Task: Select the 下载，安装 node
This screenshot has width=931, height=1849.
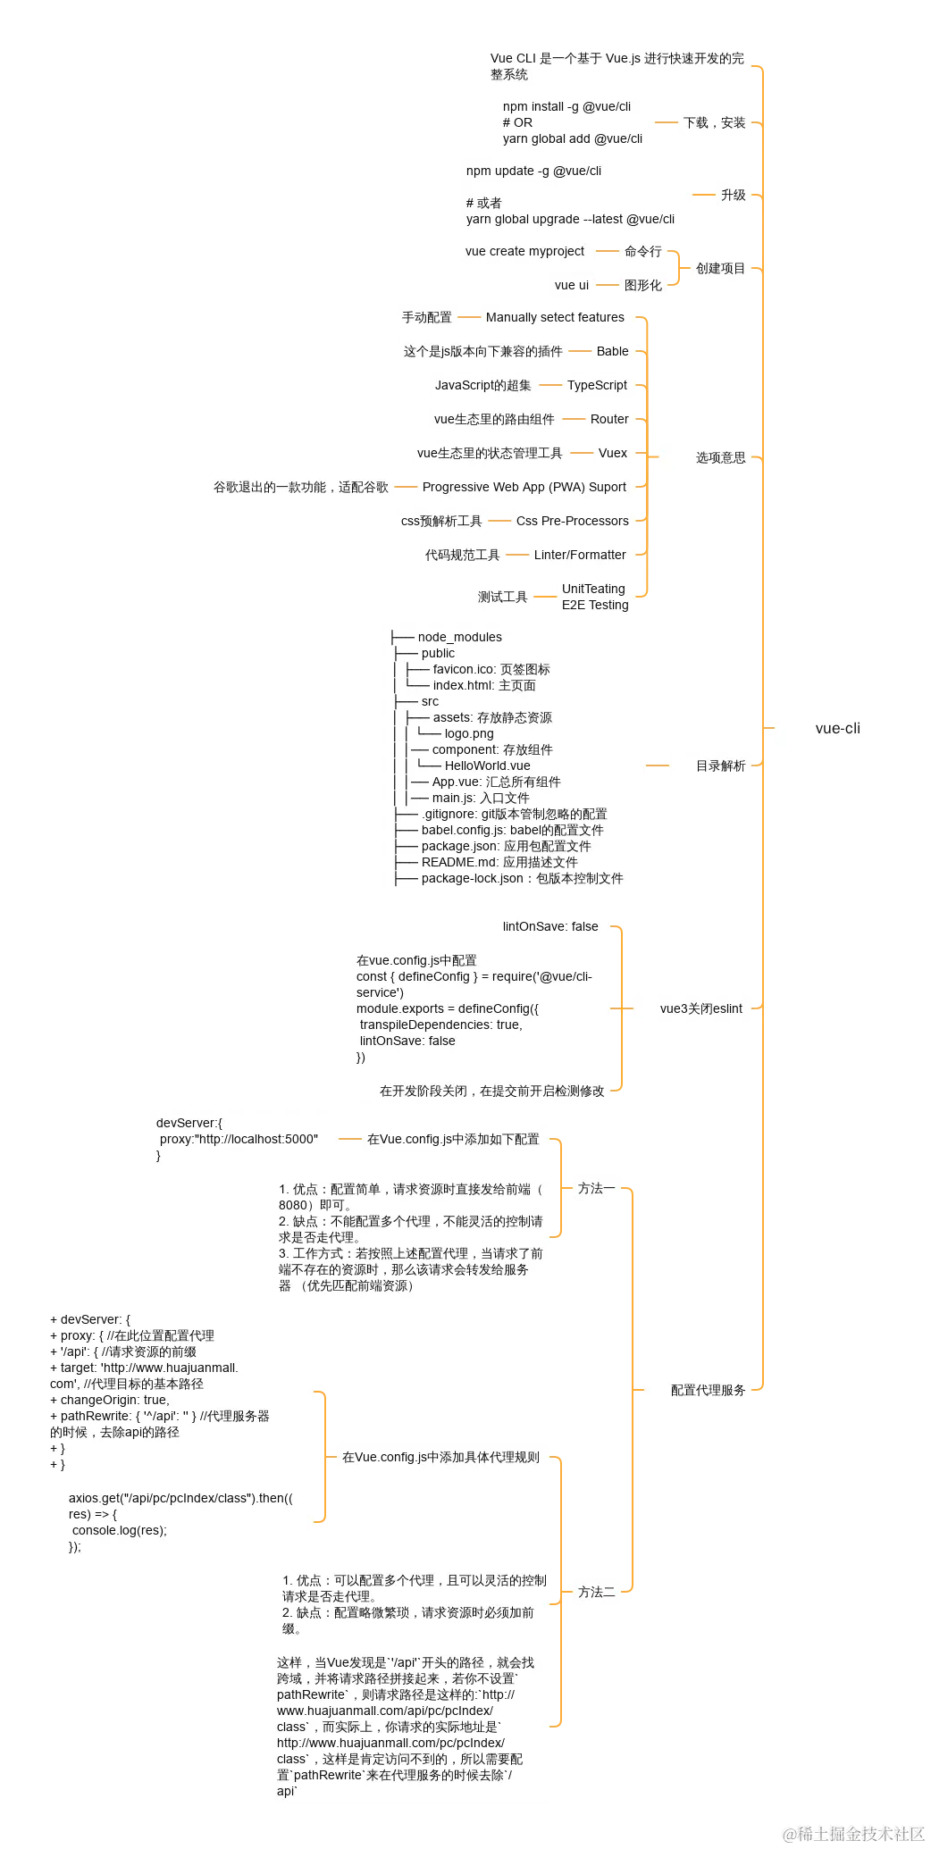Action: click(x=714, y=123)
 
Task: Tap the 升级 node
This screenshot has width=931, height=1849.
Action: click(x=733, y=196)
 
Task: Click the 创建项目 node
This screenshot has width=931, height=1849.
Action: click(x=720, y=268)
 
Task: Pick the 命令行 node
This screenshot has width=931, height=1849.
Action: click(x=642, y=252)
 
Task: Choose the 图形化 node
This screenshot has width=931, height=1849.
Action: click(x=642, y=286)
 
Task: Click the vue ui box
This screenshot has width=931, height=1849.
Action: click(x=571, y=286)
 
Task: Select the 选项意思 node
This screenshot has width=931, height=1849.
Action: click(x=720, y=457)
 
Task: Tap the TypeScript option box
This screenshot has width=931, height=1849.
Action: click(x=597, y=386)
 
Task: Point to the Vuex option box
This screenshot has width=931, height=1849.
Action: click(x=612, y=454)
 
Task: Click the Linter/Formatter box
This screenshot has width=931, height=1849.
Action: click(x=580, y=556)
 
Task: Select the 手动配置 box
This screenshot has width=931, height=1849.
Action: click(x=426, y=318)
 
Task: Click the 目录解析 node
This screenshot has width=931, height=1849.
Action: click(x=720, y=766)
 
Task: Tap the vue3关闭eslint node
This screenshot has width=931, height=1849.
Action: click(x=700, y=1009)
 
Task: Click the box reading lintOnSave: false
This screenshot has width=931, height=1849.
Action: click(x=550, y=927)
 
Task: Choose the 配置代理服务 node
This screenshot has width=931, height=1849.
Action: click(x=708, y=1391)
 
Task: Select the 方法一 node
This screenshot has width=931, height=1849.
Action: click(x=596, y=1189)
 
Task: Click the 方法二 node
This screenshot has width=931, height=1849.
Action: click(x=596, y=1593)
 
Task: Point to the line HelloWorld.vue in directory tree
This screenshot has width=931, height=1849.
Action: click(x=487, y=766)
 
